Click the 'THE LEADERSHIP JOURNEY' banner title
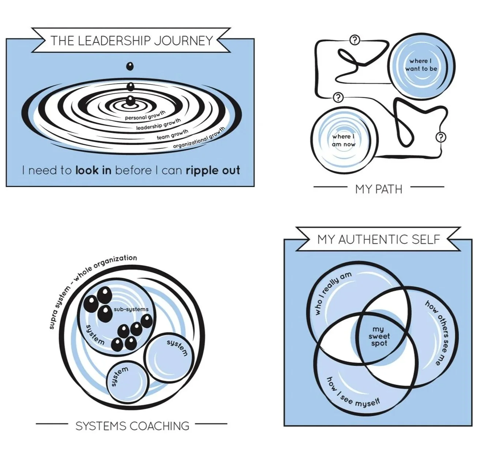tap(131, 40)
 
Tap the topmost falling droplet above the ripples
tap(130, 67)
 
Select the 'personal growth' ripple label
tap(145, 116)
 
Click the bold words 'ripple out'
tap(213, 170)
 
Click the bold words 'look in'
tap(93, 170)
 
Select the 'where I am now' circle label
tap(343, 140)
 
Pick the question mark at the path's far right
tap(442, 137)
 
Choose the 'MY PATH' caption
tap(379, 189)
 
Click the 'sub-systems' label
tap(131, 309)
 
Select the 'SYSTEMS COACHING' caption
tap(132, 426)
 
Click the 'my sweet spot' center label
tap(379, 336)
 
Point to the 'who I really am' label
tap(333, 293)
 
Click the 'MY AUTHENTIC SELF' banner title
tap(379, 239)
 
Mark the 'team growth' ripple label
tap(172, 134)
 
